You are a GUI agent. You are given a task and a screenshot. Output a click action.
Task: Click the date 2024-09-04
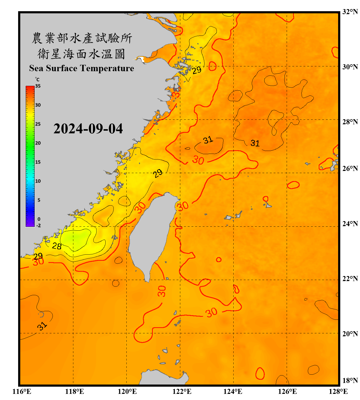pyautogui.click(x=88, y=129)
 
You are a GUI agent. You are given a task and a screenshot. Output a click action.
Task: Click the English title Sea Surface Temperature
pyautogui.click(x=82, y=68)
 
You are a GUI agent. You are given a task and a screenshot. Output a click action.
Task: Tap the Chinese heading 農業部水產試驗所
pyautogui.click(x=82, y=38)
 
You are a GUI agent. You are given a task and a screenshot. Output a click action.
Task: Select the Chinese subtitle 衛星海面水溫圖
pyautogui.click(x=81, y=54)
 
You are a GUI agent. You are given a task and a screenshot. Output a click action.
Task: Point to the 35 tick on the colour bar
pyautogui.click(x=38, y=86)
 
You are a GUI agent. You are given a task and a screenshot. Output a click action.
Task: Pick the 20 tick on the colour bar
pyautogui.click(x=38, y=143)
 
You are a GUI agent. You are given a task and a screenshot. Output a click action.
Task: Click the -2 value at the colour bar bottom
pyautogui.click(x=38, y=225)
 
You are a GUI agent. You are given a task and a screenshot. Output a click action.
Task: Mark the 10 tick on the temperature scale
pyautogui.click(x=38, y=181)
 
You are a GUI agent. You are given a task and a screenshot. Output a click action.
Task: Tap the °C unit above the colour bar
pyautogui.click(x=37, y=79)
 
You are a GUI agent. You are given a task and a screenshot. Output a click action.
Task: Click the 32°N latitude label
pyautogui.click(x=350, y=12)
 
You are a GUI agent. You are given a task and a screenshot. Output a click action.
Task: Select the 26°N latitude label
pyautogui.click(x=350, y=169)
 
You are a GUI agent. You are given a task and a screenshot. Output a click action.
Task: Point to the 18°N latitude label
pyautogui.click(x=350, y=380)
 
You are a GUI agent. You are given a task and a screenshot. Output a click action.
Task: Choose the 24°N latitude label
pyautogui.click(x=350, y=223)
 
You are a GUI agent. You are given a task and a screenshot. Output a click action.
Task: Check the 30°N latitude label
pyautogui.click(x=350, y=67)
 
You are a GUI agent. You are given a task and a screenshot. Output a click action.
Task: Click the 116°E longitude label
pyautogui.click(x=22, y=391)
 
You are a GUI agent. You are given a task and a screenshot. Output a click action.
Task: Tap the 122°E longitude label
pyautogui.click(x=182, y=391)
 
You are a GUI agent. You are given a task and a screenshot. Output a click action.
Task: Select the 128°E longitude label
pyautogui.click(x=338, y=391)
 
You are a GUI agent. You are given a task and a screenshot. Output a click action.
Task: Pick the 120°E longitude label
pyautogui.click(x=127, y=391)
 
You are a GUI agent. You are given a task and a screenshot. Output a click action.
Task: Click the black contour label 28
pyautogui.click(x=57, y=246)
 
